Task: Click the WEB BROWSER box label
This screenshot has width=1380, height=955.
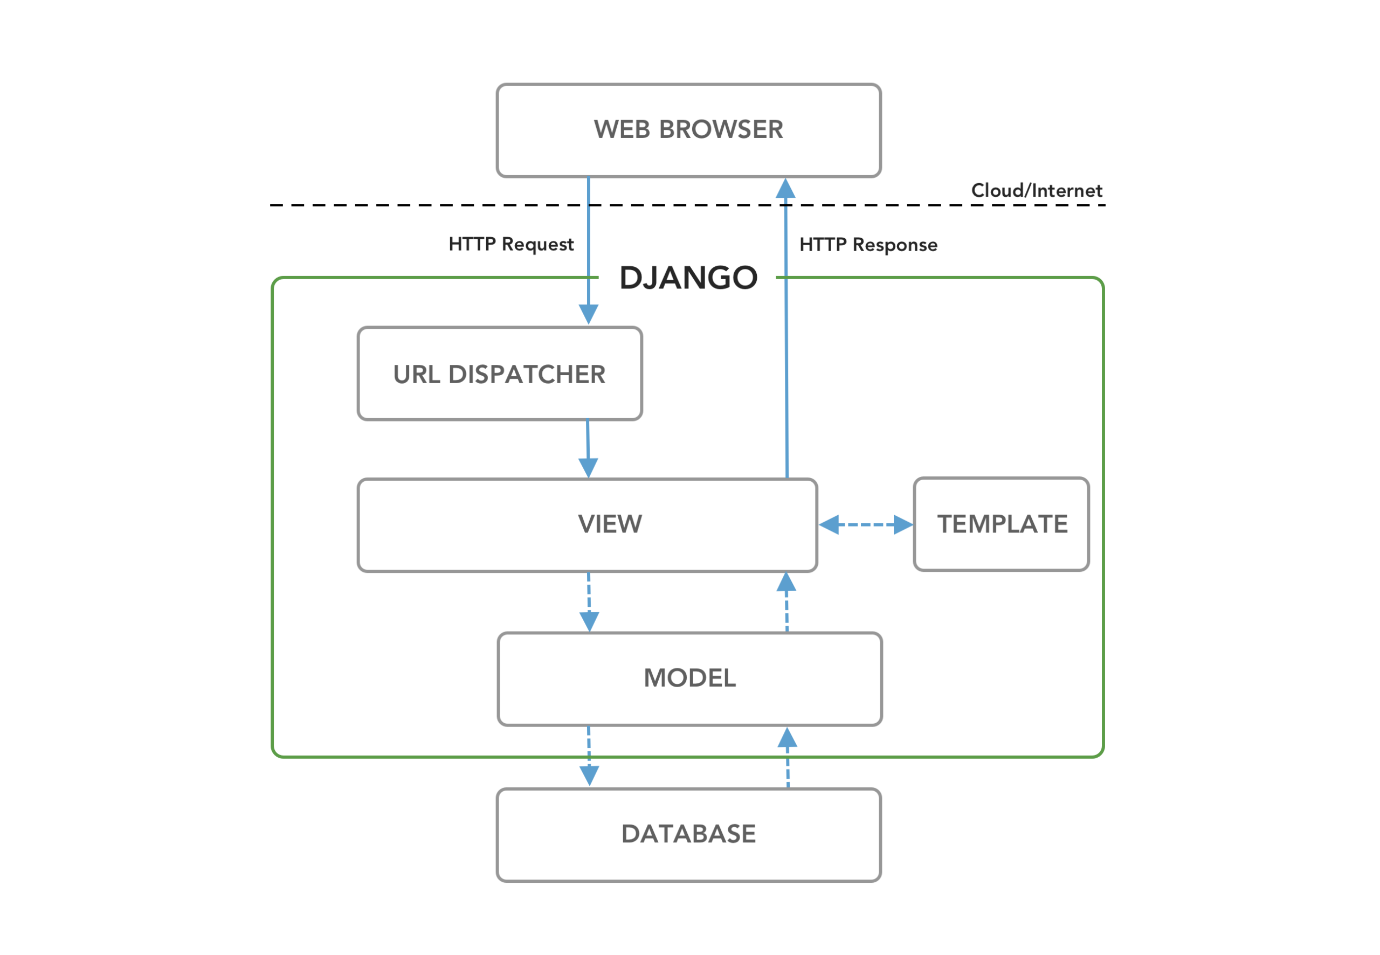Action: coord(688,129)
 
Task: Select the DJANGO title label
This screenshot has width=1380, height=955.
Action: coord(688,277)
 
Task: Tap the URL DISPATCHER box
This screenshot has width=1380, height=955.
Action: coord(500,374)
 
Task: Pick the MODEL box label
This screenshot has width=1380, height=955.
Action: coord(689,678)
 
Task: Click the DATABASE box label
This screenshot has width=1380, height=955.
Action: coord(688,834)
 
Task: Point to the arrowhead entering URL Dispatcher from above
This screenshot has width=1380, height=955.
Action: coord(588,314)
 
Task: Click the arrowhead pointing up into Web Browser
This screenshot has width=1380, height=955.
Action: coord(785,189)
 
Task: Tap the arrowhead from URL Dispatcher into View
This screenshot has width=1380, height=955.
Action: coord(588,467)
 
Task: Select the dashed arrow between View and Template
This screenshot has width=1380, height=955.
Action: coord(865,524)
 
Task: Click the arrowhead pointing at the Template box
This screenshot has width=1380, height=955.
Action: coord(903,524)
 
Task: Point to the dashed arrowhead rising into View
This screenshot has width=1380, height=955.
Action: coord(786,582)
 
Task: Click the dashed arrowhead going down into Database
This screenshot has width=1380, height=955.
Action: coord(589,776)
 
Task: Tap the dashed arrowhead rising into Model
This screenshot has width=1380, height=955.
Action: coord(787,738)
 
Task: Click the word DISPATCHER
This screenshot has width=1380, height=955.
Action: coord(527,374)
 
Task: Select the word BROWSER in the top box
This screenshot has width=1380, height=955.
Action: coord(721,129)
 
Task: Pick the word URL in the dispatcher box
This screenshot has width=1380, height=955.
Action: coord(417,374)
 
